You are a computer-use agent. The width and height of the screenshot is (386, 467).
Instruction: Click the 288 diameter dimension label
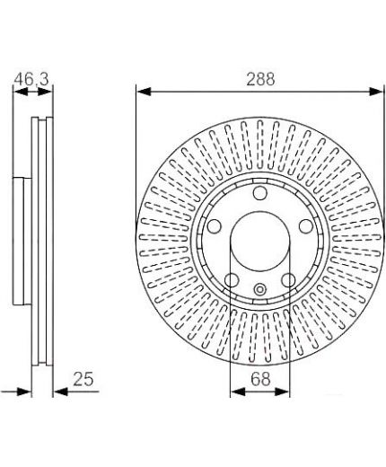tap(260, 79)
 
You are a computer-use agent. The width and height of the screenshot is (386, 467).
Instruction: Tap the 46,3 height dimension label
tap(31, 79)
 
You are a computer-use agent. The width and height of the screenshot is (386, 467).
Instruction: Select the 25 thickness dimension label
tap(83, 379)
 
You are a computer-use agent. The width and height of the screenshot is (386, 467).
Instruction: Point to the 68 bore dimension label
tap(260, 379)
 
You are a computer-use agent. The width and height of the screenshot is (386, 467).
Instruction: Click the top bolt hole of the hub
tap(259, 193)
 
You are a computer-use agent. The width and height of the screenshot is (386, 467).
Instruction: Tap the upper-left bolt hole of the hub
tap(214, 226)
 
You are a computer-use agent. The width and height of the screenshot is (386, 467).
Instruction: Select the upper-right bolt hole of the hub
tap(306, 226)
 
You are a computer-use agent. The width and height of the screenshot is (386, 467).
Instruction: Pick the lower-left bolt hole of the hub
tap(232, 280)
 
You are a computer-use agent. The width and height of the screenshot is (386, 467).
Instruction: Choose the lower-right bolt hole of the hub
tap(288, 280)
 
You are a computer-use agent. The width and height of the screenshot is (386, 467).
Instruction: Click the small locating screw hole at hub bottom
tap(259, 289)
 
